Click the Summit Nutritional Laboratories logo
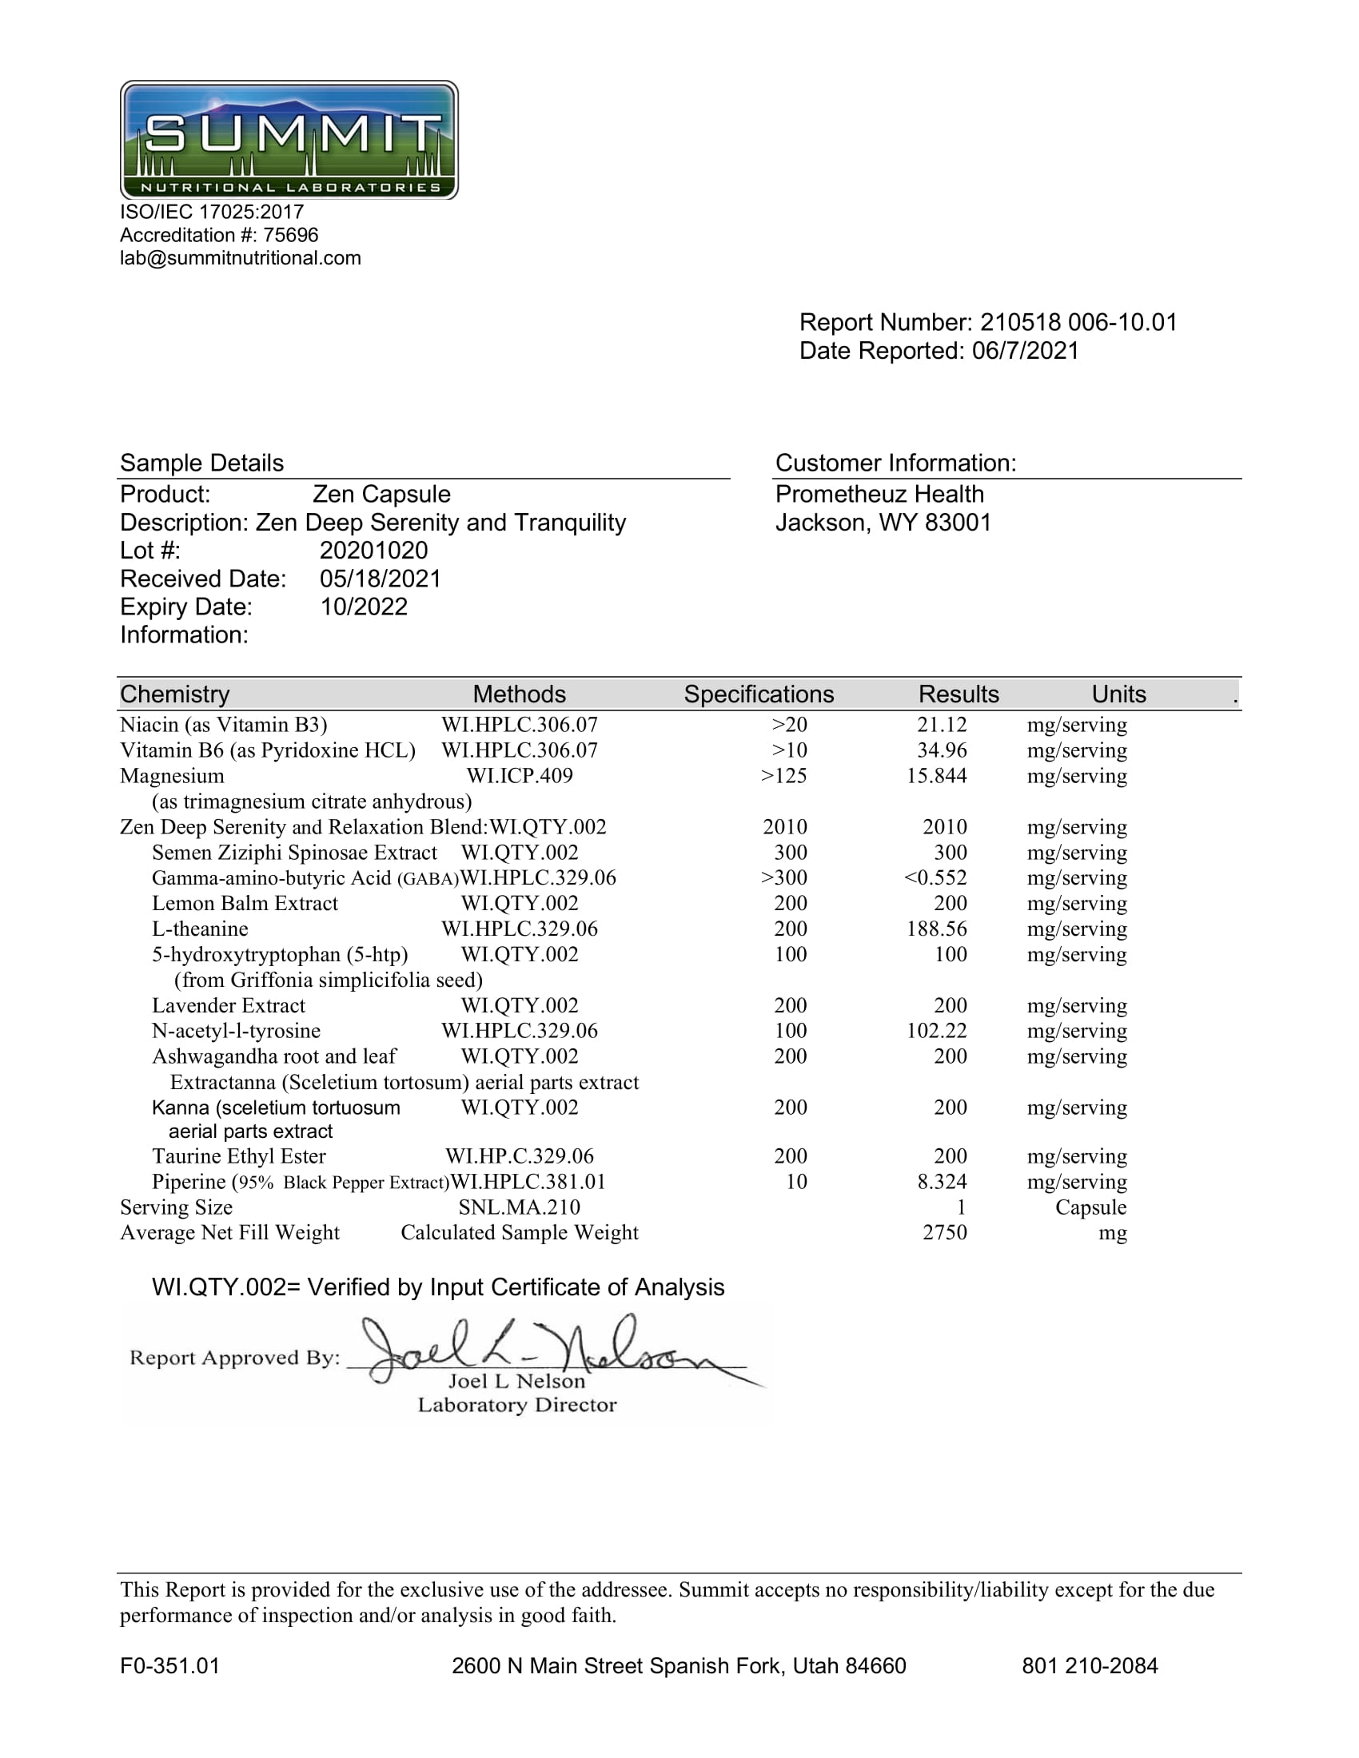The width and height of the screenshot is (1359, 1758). [289, 140]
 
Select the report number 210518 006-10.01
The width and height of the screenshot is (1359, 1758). [1078, 322]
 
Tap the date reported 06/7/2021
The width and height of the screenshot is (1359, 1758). [1025, 351]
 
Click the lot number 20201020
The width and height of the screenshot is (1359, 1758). [373, 551]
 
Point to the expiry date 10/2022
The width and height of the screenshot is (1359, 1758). [364, 607]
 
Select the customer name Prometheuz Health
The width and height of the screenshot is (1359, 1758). [879, 494]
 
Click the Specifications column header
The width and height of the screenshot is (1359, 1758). [759, 694]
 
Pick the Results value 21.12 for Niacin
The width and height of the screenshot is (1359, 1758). [942, 725]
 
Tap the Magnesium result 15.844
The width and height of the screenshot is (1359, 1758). [936, 776]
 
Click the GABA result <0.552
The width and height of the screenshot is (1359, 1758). [935, 877]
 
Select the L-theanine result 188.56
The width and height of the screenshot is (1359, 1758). [936, 929]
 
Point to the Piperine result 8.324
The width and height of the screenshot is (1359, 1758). [942, 1182]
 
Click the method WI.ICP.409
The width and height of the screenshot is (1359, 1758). [520, 776]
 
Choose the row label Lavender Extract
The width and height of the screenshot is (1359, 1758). [229, 1005]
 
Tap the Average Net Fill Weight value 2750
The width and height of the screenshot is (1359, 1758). [944, 1232]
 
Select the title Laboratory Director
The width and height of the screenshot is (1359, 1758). [517, 1405]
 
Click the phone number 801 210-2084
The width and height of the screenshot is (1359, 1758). [1090, 1665]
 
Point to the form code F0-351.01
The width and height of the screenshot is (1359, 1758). [169, 1665]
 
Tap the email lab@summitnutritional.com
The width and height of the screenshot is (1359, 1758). [240, 258]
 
